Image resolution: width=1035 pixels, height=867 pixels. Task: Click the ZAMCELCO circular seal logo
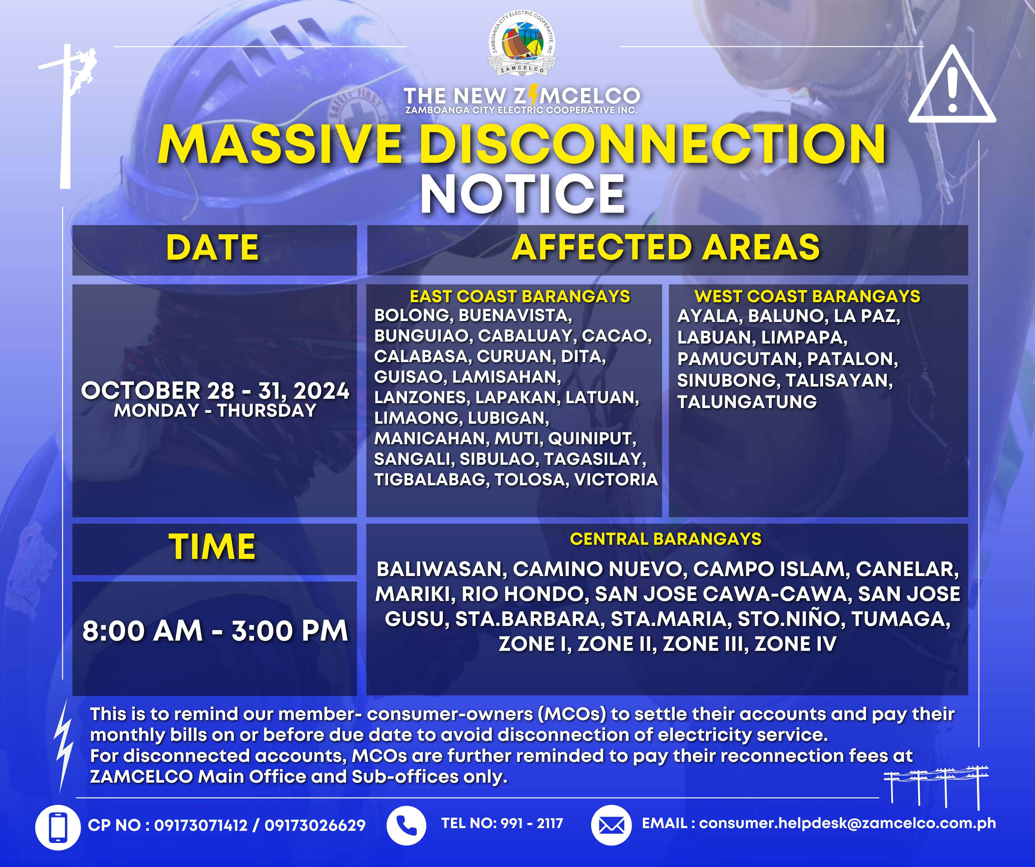pyautogui.click(x=522, y=43)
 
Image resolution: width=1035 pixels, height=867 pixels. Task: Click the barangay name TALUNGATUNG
pyautogui.click(x=747, y=402)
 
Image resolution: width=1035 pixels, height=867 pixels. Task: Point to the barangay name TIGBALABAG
pyautogui.click(x=431, y=479)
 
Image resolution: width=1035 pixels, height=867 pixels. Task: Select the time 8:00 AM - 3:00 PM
pyautogui.click(x=215, y=631)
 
